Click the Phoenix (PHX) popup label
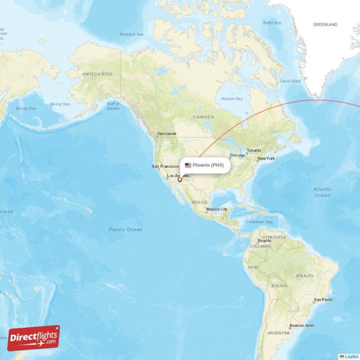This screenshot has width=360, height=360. click(208, 165)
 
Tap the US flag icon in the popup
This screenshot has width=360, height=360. click(188, 165)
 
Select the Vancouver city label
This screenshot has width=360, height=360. click(166, 134)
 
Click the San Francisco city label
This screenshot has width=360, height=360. click(165, 166)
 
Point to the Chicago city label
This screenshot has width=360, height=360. click(237, 156)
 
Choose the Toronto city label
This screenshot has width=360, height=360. click(254, 150)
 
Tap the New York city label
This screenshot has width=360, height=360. click(266, 159)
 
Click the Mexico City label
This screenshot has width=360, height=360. click(217, 210)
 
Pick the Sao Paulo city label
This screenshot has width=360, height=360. click(323, 299)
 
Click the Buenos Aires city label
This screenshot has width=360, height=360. click(302, 325)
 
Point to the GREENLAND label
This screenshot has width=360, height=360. click(325, 25)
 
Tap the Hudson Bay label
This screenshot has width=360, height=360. click(232, 99)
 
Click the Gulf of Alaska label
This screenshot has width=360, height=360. click(113, 106)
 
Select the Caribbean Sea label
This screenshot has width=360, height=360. click(259, 222)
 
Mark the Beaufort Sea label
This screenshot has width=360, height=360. click(131, 34)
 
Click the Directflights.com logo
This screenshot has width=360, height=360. click(33, 338)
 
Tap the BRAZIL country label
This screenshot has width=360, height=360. click(305, 275)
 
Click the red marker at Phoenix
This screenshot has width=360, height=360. click(180, 180)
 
